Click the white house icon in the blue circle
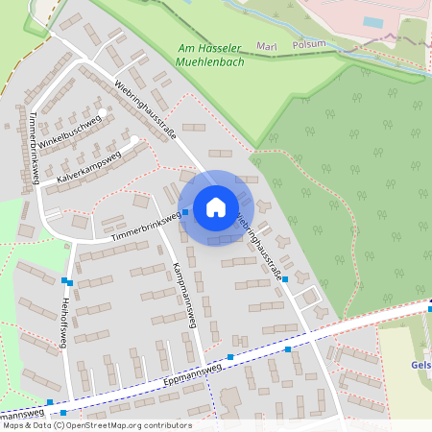[216, 207]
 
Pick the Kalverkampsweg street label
[87, 166]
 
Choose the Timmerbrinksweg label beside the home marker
[145, 225]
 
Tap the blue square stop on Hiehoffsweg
[67, 281]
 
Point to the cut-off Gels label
[421, 365]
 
